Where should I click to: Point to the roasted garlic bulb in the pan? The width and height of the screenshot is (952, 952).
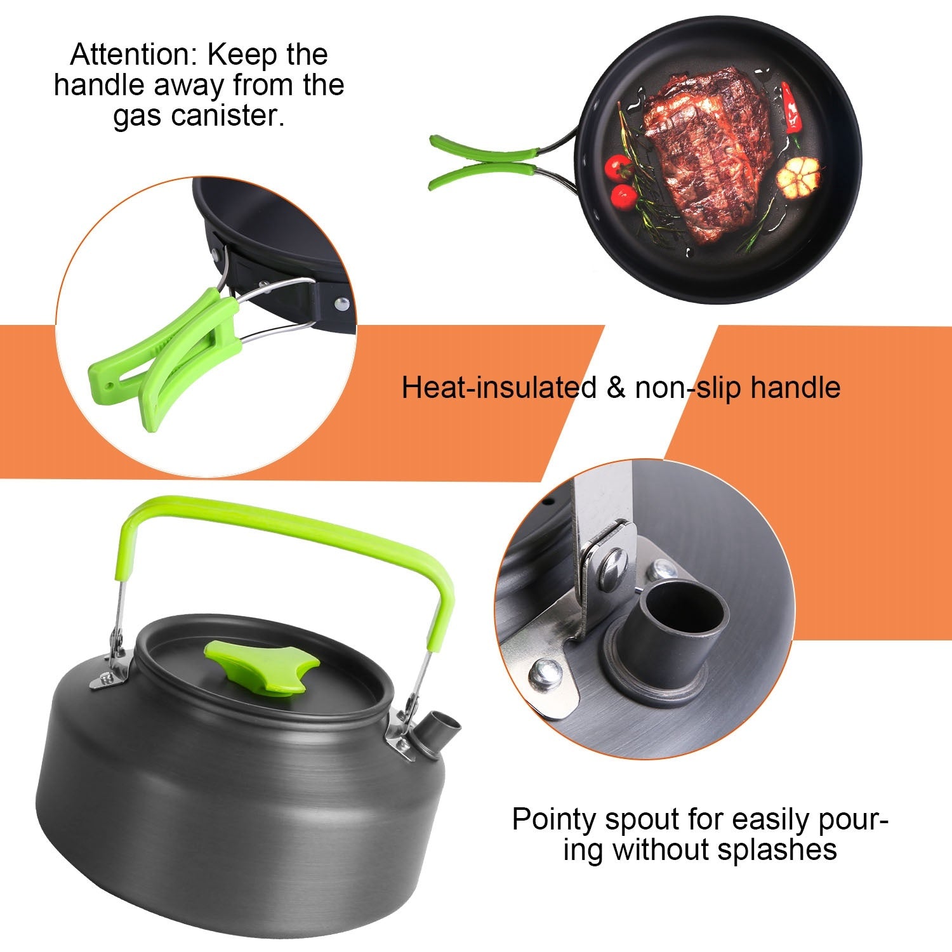[798, 175]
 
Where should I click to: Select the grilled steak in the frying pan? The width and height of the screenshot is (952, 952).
[704, 152]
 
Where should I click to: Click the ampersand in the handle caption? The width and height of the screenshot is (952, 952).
[616, 387]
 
